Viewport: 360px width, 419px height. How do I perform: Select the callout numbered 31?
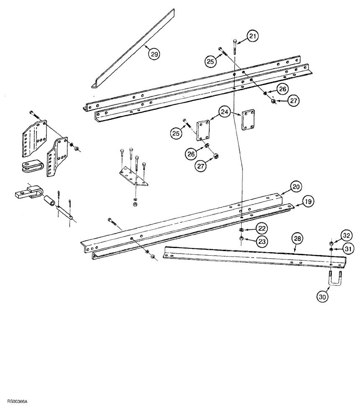tap(347, 248)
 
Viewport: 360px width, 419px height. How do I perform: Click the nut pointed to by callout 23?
tap(242, 238)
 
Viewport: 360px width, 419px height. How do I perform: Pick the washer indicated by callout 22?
tap(242, 230)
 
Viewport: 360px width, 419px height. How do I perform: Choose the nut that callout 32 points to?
tap(331, 243)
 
